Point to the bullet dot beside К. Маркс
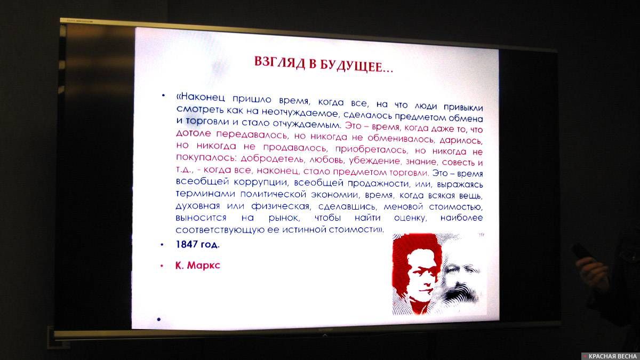pyautogui.click(x=162, y=265)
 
